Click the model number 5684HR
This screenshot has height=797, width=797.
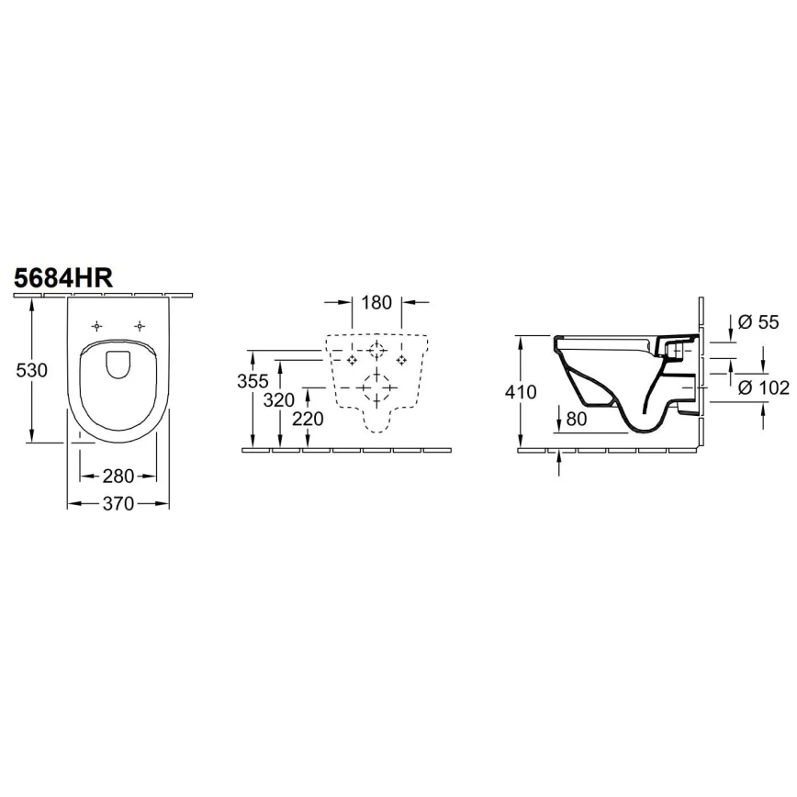coord(63,278)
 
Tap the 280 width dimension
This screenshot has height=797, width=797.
coord(118,476)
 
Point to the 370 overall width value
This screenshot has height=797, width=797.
coord(118,503)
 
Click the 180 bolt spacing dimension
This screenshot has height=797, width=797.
coord(377,302)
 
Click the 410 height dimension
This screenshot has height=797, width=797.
coord(521,391)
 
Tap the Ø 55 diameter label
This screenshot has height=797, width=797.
coord(758,321)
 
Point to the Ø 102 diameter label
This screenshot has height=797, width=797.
coord(764,387)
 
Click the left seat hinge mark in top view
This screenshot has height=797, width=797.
coord(96,326)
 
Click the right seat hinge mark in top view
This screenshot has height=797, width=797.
coord(140,326)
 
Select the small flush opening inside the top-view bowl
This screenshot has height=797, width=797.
coord(118,365)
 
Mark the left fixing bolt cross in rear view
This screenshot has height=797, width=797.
coord(351,360)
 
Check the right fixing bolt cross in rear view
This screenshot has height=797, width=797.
coord(401,360)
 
